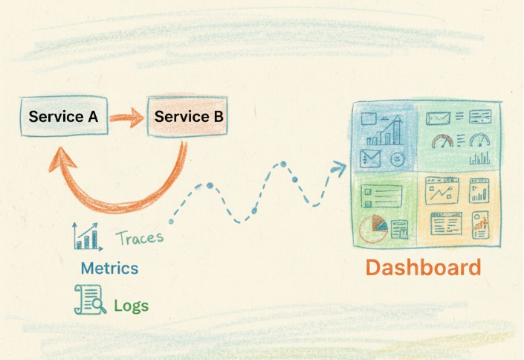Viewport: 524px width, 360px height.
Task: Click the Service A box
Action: coord(63,118)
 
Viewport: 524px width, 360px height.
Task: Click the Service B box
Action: coord(187,117)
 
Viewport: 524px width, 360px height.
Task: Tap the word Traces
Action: coord(139,239)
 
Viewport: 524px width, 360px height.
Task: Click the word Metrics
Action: coord(109,267)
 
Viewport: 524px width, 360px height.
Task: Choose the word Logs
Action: coord(131,304)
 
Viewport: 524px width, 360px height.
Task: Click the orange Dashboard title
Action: coord(423,268)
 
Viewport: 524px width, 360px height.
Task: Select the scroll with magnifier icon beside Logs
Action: coord(88,299)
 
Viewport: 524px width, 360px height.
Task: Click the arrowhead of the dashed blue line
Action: coord(341,168)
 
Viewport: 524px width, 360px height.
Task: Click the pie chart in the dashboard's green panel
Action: coord(372,229)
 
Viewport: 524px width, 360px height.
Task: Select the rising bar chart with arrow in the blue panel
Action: coord(393,131)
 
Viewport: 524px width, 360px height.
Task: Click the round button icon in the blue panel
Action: coord(398,158)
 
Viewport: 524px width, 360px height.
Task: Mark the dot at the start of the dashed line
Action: coord(172,221)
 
